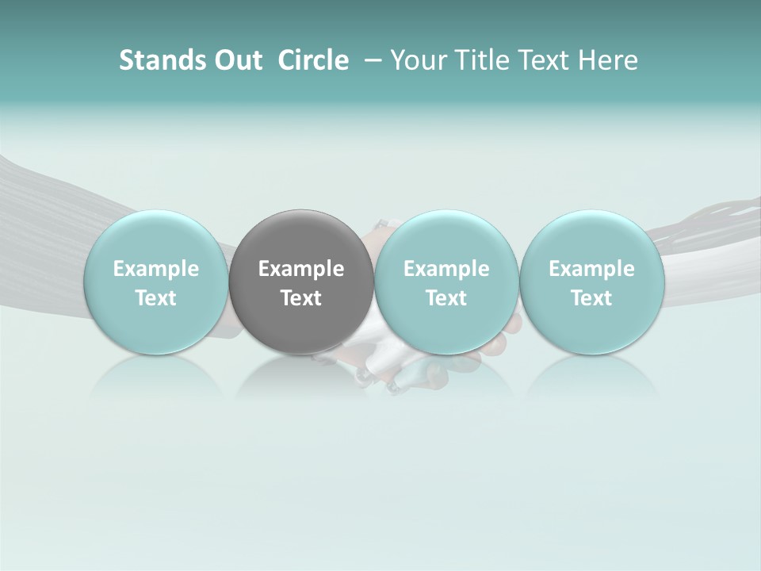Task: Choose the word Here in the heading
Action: pyautogui.click(x=609, y=60)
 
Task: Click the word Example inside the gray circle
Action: pyautogui.click(x=301, y=269)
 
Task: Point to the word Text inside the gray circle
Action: pyautogui.click(x=301, y=298)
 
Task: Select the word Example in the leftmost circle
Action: pyautogui.click(x=156, y=269)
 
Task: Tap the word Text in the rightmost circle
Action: pyautogui.click(x=591, y=298)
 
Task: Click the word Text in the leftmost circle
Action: pyautogui.click(x=156, y=298)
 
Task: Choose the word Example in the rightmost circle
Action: pyautogui.click(x=591, y=269)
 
